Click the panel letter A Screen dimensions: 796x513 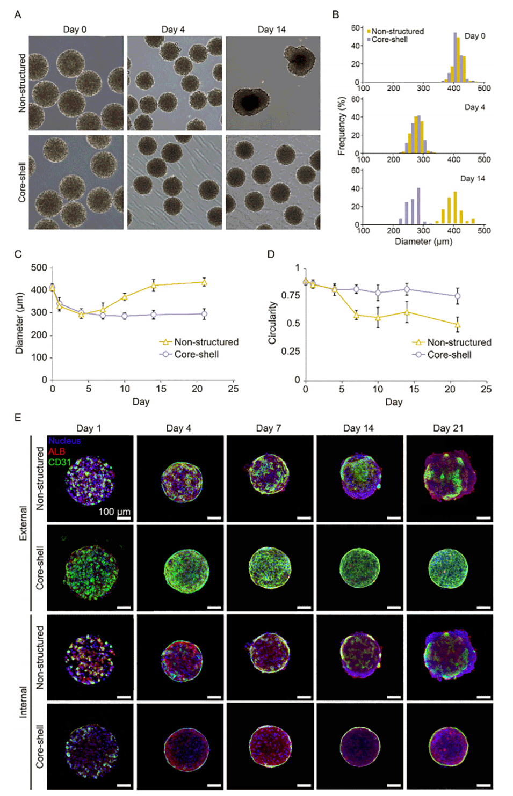18,14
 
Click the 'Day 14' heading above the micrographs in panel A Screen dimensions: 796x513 271,30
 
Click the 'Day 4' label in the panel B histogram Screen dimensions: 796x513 474,107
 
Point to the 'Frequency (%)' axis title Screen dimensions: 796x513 341,126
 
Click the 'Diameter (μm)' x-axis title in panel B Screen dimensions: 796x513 423,242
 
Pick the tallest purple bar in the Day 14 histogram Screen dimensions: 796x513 418,206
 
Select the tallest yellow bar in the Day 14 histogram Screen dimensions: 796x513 455,208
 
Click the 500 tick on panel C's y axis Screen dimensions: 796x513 39,267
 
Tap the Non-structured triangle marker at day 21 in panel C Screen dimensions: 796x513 204,282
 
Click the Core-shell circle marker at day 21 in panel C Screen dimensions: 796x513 204,315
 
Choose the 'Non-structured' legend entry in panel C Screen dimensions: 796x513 206,342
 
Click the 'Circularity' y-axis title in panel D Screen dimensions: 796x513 272,322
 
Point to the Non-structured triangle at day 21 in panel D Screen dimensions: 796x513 457,325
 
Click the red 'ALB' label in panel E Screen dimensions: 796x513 57,451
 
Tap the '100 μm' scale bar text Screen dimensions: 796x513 114,512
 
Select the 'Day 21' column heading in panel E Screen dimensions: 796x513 448,428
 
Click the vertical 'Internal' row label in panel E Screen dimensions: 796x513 23,702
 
